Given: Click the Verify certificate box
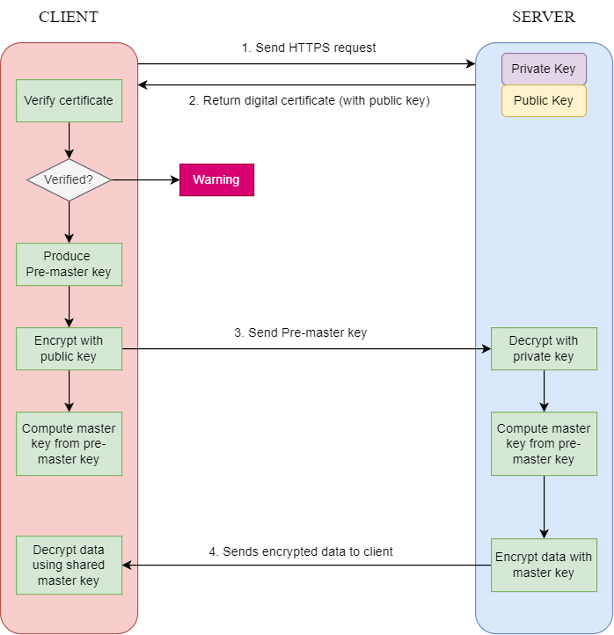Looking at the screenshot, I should click(69, 100).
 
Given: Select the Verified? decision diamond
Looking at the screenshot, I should click(69, 179).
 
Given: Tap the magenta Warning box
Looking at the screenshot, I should click(216, 179).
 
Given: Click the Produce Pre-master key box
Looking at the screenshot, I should click(69, 264).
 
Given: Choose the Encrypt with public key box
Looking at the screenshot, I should click(69, 348).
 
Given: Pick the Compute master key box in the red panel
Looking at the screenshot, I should click(69, 443).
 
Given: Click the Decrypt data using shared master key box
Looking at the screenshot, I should click(69, 565).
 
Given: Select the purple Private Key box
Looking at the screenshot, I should click(544, 69).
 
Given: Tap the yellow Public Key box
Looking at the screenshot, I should click(544, 100).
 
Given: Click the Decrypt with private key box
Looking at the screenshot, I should click(544, 348).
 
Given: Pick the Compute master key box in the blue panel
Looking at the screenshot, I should click(544, 443).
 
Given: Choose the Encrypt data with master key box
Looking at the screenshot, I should click(544, 565).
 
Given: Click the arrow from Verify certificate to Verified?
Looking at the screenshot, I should click(69, 140).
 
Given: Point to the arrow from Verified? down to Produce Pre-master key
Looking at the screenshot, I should click(69, 221).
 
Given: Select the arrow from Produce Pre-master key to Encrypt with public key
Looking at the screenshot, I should click(69, 306).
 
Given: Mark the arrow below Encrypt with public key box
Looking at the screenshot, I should click(69, 390).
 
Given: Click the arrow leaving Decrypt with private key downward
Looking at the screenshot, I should click(544, 390).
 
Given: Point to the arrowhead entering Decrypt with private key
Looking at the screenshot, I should click(486, 348).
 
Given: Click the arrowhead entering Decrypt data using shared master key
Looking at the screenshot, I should click(128, 565).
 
